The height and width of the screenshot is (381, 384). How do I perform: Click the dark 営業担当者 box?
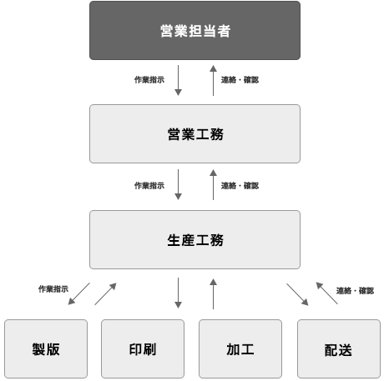(195, 31)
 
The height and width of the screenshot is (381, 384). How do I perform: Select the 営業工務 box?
(195, 133)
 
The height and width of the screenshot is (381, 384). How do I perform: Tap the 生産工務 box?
(195, 239)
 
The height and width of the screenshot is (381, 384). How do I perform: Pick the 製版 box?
(46, 348)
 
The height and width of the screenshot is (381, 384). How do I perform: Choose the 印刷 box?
(143, 348)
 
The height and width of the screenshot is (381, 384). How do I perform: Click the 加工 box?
(240, 348)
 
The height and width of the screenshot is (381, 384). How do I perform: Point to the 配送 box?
(339, 348)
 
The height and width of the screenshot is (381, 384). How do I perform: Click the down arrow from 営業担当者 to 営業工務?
(178, 80)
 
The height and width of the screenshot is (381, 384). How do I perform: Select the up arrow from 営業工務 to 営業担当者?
(213, 80)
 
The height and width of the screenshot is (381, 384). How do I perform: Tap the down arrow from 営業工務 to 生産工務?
(178, 184)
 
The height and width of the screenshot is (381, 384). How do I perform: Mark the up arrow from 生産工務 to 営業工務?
(213, 184)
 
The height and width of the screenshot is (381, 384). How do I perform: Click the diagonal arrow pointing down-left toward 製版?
(79, 293)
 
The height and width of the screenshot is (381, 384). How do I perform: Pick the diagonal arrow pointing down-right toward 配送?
(297, 294)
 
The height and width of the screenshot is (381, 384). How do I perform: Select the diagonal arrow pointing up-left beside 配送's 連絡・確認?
(327, 293)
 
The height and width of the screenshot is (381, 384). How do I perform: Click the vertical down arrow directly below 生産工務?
(178, 293)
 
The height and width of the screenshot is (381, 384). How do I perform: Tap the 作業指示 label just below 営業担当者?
(149, 80)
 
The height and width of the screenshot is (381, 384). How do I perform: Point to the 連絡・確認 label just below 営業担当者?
(240, 80)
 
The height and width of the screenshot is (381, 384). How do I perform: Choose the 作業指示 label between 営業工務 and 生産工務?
(149, 185)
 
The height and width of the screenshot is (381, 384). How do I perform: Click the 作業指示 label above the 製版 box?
(53, 289)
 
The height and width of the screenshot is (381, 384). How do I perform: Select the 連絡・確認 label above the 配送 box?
(355, 291)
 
